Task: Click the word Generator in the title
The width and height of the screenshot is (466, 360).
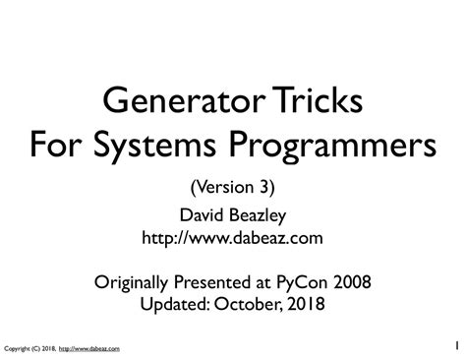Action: [184, 99]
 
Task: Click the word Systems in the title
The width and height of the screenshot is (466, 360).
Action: [154, 147]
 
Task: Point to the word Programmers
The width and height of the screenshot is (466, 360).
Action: [332, 147]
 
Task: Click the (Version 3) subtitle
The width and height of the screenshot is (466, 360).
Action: [233, 188]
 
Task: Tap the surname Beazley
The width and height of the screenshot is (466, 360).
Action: [258, 216]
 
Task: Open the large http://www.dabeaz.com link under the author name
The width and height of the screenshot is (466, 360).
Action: [232, 238]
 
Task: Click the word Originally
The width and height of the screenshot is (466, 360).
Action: [131, 282]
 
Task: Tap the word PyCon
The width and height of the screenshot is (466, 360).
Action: [302, 282]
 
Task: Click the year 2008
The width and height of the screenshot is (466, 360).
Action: [352, 281]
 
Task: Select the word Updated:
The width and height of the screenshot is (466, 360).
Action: [175, 305]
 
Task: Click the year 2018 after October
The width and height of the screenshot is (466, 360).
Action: [307, 304]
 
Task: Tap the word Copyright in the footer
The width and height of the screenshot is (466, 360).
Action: [17, 349]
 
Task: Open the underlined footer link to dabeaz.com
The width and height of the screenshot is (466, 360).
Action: [89, 349]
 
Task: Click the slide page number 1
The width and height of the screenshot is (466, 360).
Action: [457, 345]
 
